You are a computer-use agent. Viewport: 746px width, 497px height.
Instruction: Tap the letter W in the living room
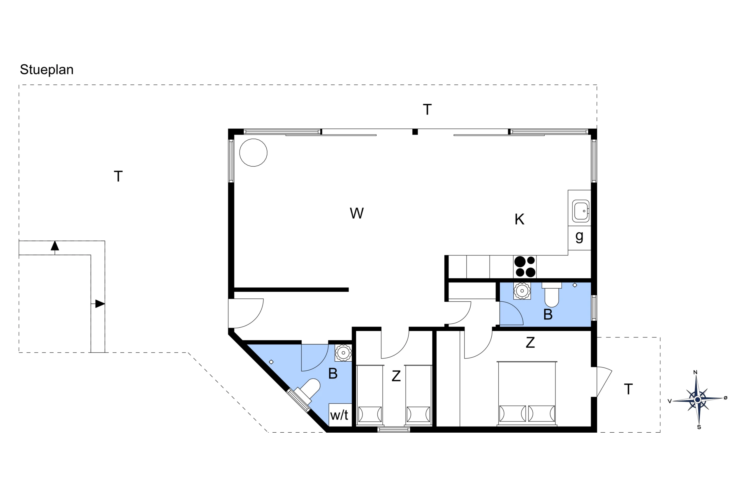pos(357,213)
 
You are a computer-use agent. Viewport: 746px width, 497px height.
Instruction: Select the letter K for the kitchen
pos(520,219)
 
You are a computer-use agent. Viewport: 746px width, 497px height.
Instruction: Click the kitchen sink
pos(580,211)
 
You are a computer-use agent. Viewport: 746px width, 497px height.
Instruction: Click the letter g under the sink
pos(579,237)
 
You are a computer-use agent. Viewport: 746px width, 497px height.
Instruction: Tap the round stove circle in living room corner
pos(253,153)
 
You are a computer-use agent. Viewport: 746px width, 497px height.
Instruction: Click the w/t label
pos(339,415)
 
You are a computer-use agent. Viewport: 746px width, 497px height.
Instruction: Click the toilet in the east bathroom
pos(552,294)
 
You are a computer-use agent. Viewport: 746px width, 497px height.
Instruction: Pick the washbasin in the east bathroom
pos(522,291)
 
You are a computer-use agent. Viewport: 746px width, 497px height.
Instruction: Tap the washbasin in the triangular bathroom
pos(343,353)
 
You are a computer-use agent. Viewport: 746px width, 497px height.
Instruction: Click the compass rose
pos(697,400)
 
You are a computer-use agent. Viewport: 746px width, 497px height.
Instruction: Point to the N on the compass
pos(695,372)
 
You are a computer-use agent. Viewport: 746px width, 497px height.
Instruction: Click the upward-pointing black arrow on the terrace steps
pos(55,246)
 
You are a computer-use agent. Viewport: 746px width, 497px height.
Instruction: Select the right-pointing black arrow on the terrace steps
pos(100,304)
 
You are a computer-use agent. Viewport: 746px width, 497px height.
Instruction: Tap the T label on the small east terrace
pos(628,389)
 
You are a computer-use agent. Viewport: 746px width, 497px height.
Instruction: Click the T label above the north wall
pos(427,110)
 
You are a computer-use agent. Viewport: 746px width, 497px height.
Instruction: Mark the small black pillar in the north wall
pos(415,132)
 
